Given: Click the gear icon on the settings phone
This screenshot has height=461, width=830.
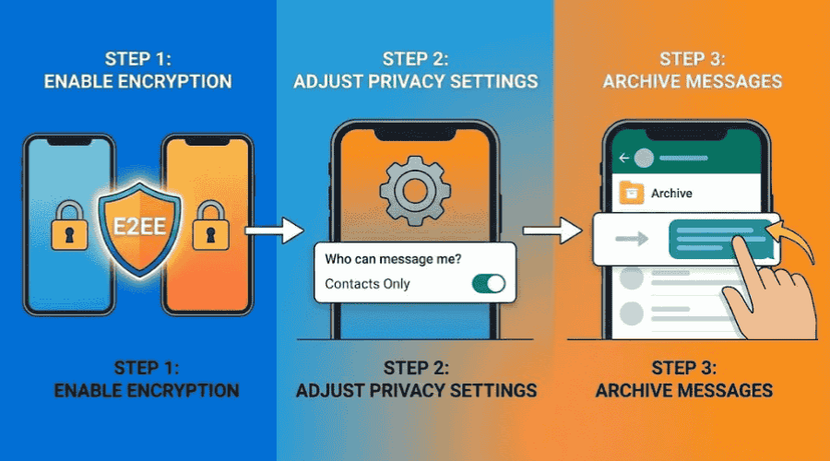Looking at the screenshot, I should pyautogui.click(x=414, y=187).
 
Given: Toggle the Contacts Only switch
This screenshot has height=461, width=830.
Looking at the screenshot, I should pyautogui.click(x=488, y=283).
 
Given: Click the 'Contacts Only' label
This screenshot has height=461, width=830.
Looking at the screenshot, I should pyautogui.click(x=368, y=283).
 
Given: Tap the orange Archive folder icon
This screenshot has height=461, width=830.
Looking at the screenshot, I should pyautogui.click(x=632, y=193).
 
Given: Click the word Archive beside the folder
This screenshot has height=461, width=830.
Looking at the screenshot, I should pyautogui.click(x=671, y=194).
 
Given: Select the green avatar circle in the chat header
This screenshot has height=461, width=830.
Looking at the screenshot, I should pyautogui.click(x=645, y=158).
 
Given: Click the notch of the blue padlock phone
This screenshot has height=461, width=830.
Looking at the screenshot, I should pyautogui.click(x=68, y=142).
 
